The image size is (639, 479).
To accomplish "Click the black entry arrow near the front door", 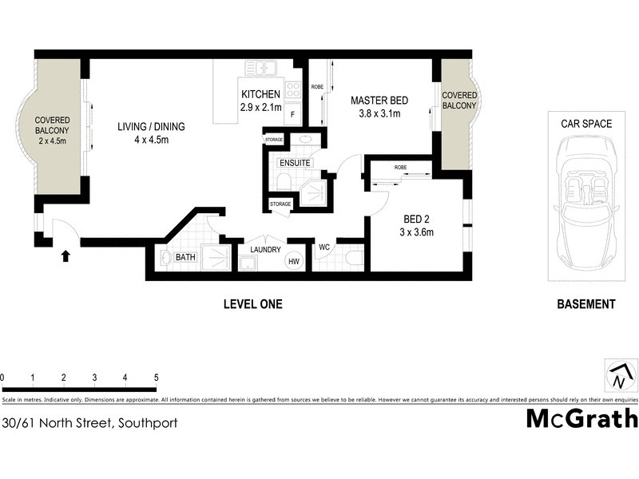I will [65, 256].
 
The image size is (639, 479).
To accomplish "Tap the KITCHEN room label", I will [260, 94].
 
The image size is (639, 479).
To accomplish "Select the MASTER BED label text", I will [380, 101].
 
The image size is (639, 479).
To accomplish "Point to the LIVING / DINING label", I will [151, 126].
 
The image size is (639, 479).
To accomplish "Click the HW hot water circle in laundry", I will [295, 261].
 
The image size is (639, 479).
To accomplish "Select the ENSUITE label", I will [294, 163].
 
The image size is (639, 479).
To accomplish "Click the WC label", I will [324, 247].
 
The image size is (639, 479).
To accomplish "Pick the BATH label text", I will [185, 257].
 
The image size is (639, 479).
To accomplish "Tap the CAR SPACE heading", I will [585, 124].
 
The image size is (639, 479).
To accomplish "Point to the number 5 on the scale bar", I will [156, 377].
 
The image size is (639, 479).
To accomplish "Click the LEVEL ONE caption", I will [252, 304].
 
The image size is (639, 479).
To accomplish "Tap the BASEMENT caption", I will [585, 304].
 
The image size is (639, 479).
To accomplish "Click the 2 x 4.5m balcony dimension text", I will [52, 141].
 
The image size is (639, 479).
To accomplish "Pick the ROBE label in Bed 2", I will [400, 168].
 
